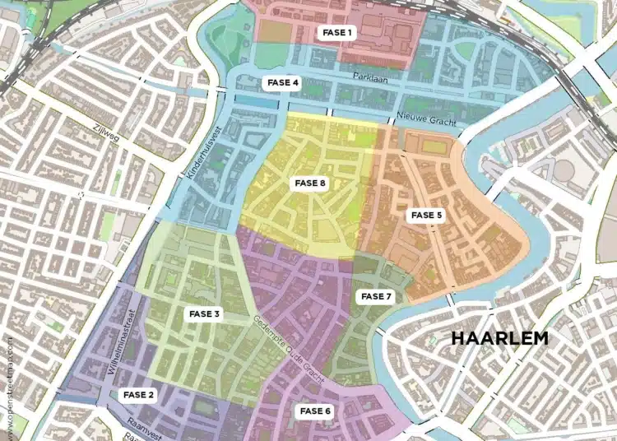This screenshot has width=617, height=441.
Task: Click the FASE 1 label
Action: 337,33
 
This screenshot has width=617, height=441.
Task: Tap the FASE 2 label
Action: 139,395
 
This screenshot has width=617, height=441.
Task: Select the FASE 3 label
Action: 205,313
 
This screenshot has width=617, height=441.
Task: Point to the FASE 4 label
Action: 284,82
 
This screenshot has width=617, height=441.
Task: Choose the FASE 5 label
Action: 427,216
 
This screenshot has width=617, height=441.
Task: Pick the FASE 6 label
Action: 316,411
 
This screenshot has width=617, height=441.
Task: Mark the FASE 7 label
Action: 377,296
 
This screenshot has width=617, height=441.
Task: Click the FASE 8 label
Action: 311,183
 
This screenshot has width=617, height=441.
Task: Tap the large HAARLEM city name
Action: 499,338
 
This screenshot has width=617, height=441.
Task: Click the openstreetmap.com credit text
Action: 10,387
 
